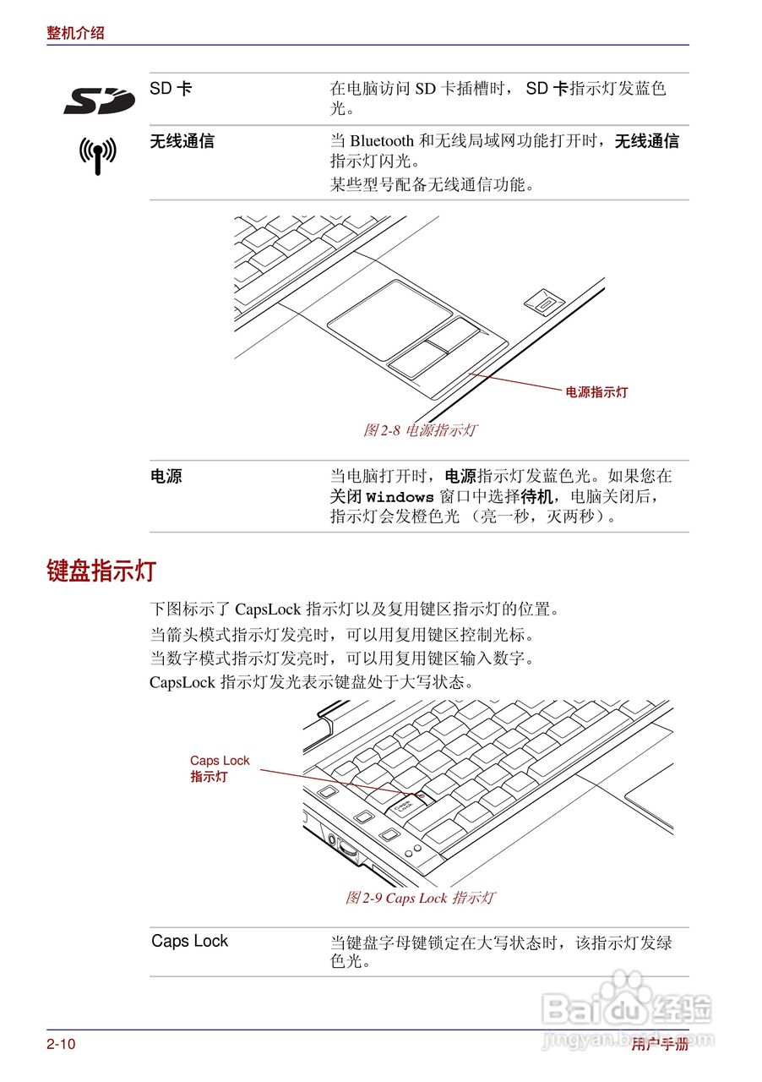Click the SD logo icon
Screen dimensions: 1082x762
click(x=99, y=100)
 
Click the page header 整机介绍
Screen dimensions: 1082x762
click(x=76, y=33)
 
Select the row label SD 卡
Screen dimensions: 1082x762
click(x=171, y=88)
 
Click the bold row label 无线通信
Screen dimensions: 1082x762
click(x=182, y=141)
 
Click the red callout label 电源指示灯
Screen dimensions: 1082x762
click(x=596, y=392)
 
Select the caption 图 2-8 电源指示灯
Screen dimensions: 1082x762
click(x=420, y=430)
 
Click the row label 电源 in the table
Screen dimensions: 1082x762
click(x=166, y=476)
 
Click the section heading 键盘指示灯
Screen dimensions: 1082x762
click(x=101, y=571)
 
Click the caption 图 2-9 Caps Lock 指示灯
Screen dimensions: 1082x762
click(x=420, y=898)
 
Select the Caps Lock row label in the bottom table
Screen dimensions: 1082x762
click(x=189, y=941)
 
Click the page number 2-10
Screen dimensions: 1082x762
click(x=61, y=1045)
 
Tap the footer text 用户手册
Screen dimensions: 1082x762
click(x=660, y=1045)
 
